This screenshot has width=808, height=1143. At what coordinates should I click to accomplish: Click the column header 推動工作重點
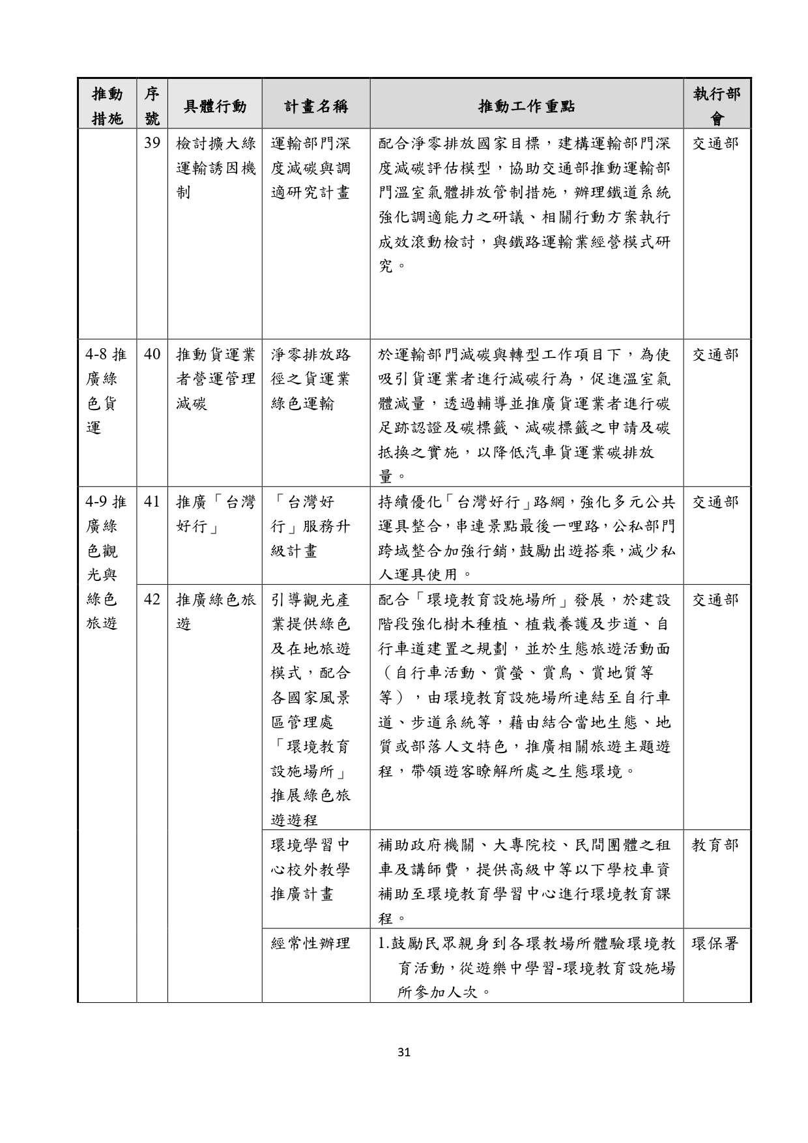tap(527, 106)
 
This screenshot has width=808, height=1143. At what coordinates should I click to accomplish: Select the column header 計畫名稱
tap(316, 106)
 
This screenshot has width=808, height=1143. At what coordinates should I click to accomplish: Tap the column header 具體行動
tap(214, 106)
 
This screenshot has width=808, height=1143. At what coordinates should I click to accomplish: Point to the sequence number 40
tap(152, 355)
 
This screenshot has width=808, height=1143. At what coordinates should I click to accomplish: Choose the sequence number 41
tap(152, 502)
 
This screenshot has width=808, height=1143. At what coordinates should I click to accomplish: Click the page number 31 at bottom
tap(404, 1051)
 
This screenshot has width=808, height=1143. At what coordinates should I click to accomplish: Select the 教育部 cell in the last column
tap(715, 845)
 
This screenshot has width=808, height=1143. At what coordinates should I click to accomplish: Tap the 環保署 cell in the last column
tap(715, 943)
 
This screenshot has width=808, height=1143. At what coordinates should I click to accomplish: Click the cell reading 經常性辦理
tap(311, 943)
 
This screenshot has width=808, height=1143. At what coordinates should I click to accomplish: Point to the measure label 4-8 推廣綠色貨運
tap(106, 391)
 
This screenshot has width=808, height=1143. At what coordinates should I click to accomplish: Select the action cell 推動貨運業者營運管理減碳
tap(214, 379)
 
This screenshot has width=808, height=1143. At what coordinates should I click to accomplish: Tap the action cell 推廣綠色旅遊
tap(214, 612)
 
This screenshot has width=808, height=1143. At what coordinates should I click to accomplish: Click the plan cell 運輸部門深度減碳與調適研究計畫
tap(311, 168)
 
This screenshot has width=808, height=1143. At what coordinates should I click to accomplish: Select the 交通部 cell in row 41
tap(715, 502)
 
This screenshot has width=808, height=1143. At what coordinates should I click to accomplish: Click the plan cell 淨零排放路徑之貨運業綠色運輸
tap(311, 379)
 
